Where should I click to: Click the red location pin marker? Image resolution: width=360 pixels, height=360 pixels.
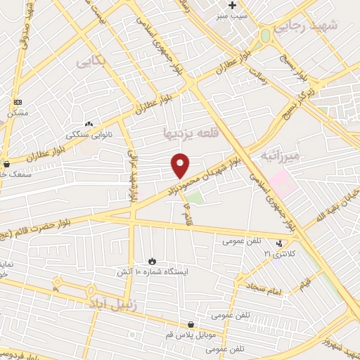180,165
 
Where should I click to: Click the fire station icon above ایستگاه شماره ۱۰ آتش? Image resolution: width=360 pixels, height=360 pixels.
153,261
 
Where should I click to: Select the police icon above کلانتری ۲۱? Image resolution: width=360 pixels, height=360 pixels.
279,243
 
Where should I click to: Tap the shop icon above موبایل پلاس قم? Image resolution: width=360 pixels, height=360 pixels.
191,324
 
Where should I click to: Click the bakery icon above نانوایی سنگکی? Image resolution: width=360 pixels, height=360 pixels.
89,124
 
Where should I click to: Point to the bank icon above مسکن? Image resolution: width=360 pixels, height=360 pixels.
18,103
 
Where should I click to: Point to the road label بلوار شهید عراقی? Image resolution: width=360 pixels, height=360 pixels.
131,176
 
